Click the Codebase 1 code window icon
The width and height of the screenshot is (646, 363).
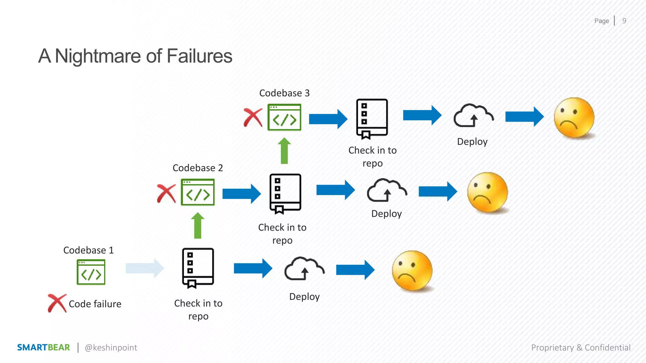point(91,272)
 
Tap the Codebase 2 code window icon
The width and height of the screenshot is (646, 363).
point(198,192)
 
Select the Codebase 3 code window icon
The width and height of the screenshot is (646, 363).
point(284,117)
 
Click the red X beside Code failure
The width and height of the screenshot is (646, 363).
point(57,303)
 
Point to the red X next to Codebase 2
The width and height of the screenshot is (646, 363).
point(166,193)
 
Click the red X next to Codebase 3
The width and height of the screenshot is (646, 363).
point(253,118)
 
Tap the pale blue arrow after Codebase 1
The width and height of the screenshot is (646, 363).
point(144,268)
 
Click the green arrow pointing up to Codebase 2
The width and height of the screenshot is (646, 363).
point(198,226)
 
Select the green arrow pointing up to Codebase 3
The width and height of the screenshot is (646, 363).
point(284,151)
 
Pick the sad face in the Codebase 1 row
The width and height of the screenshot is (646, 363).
point(412,271)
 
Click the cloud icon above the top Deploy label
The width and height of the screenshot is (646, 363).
point(473,116)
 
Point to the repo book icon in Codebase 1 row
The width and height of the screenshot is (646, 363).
point(198,268)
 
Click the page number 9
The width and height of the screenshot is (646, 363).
point(624,21)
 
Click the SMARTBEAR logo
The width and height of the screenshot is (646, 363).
point(44,347)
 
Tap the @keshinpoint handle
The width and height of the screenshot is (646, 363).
point(111,348)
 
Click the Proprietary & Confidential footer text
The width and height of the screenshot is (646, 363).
point(581,348)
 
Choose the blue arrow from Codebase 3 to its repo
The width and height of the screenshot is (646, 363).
point(328,119)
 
